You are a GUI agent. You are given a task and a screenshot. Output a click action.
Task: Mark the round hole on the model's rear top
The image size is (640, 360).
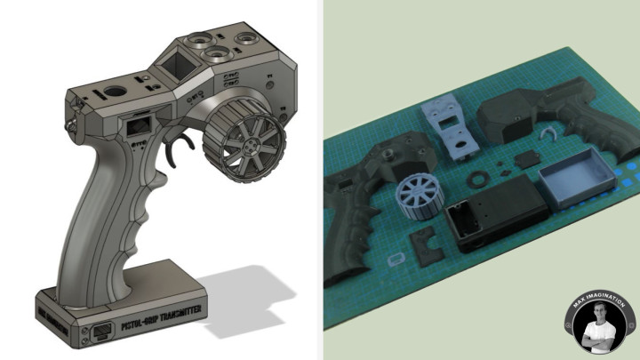[112, 92]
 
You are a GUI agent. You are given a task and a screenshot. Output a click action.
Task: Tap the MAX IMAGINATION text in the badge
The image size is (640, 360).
[596, 300]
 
